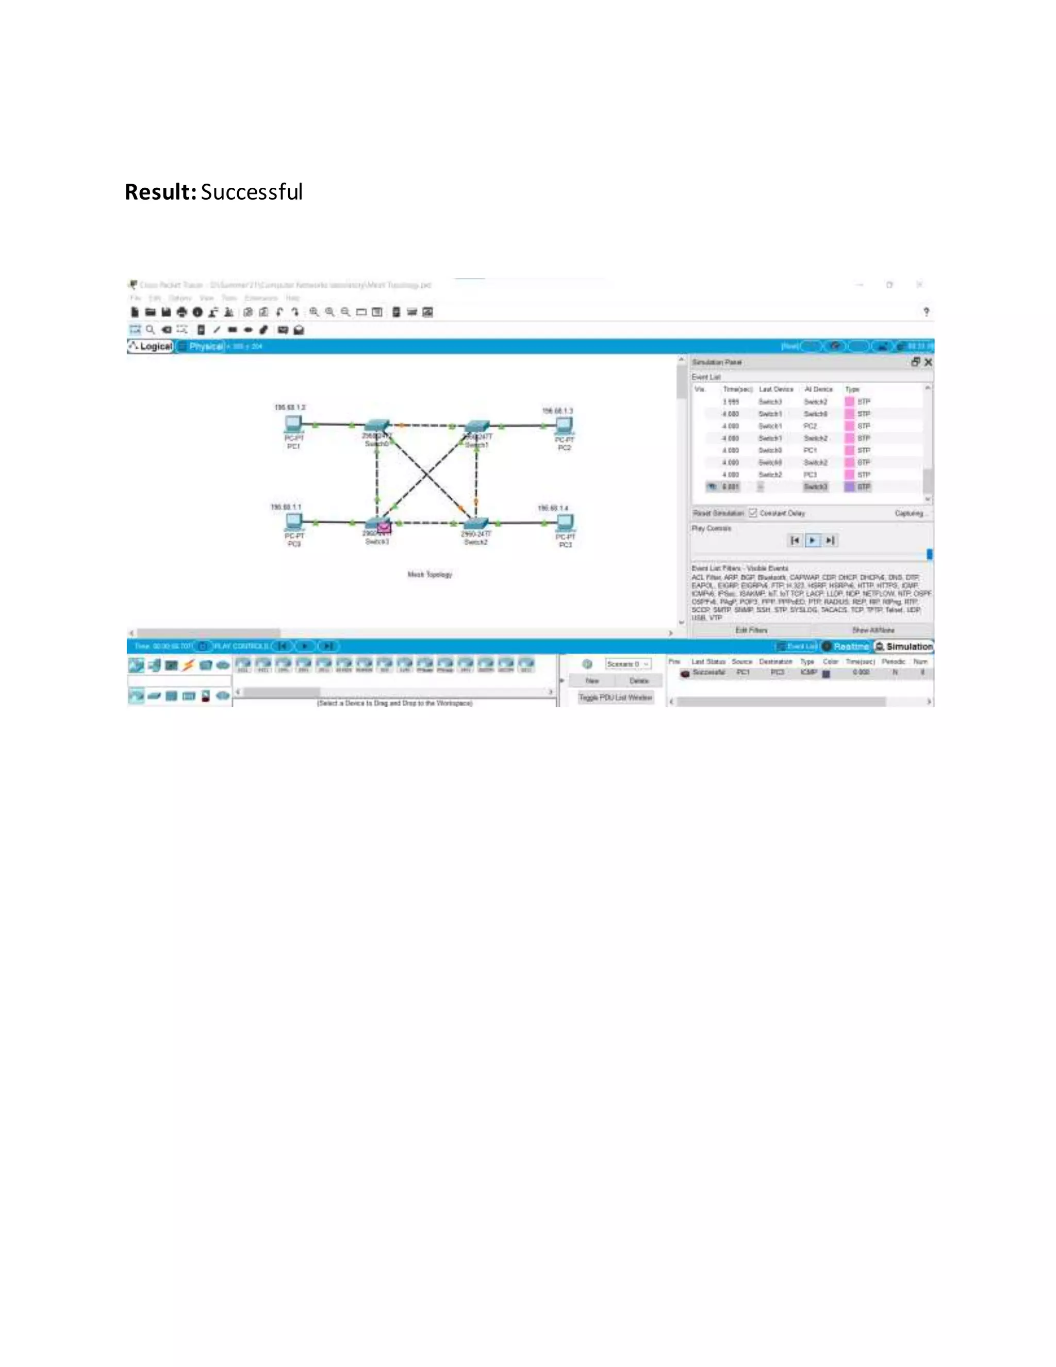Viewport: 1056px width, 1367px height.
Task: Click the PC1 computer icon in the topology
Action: coord(293,425)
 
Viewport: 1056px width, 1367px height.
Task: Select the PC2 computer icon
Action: coord(564,426)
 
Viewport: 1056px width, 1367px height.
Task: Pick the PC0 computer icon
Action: coord(293,522)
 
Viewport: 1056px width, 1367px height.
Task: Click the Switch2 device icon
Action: coord(475,523)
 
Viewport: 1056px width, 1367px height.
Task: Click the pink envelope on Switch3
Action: coord(384,528)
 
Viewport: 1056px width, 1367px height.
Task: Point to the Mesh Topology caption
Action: coord(430,574)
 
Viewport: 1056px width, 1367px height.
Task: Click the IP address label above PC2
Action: coord(557,411)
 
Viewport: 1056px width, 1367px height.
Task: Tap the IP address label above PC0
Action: coord(286,507)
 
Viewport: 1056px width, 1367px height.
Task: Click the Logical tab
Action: coord(151,346)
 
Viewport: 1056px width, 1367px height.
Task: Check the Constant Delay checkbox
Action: coord(753,513)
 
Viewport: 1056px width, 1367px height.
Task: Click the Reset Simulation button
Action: coord(719,513)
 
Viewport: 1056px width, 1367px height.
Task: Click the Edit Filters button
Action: coord(751,630)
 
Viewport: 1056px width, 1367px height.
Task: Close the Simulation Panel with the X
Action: coord(928,362)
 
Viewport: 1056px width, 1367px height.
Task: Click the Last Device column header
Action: coord(775,389)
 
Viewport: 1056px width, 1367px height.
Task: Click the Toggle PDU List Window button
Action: coord(615,697)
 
